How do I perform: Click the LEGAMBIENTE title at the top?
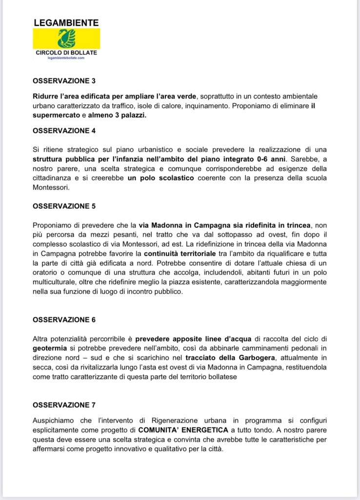(66, 22)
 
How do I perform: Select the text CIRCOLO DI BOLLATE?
(66, 53)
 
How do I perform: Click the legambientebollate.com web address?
(66, 58)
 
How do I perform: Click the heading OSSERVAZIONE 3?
(64, 81)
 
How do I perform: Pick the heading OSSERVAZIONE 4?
(64, 130)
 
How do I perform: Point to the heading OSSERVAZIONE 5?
(64, 206)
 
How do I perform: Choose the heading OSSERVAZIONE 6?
(64, 320)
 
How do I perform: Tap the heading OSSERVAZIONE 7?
(64, 405)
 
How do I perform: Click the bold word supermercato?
(55, 115)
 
